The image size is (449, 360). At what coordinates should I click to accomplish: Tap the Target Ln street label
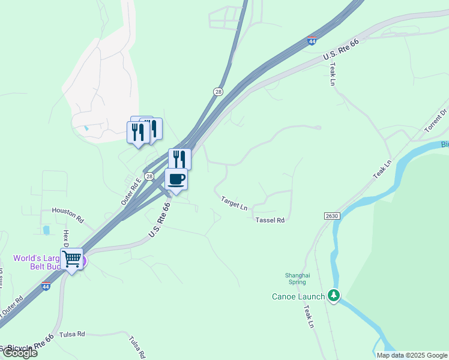(x=234, y=203)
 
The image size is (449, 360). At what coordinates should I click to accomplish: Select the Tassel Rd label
(x=270, y=220)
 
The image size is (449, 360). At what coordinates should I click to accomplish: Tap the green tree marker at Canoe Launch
(x=334, y=295)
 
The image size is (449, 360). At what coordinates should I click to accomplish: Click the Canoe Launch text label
(x=298, y=296)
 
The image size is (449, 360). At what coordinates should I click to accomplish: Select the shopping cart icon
(x=71, y=259)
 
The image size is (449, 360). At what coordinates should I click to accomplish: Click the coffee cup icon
(x=176, y=179)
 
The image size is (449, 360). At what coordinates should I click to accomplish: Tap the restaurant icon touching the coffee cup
(x=179, y=158)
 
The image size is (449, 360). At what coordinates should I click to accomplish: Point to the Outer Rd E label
(x=131, y=191)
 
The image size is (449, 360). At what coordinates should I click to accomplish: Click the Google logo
(x=19, y=353)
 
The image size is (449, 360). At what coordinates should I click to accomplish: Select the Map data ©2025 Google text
(x=411, y=355)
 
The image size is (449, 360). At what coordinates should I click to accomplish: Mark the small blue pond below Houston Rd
(x=46, y=229)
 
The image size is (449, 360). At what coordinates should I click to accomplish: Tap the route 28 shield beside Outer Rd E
(x=149, y=176)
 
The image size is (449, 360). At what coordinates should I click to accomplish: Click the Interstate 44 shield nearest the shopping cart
(x=46, y=287)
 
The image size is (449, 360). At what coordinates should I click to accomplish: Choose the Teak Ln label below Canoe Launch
(x=309, y=317)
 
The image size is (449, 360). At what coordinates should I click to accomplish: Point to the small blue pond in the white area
(x=86, y=128)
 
